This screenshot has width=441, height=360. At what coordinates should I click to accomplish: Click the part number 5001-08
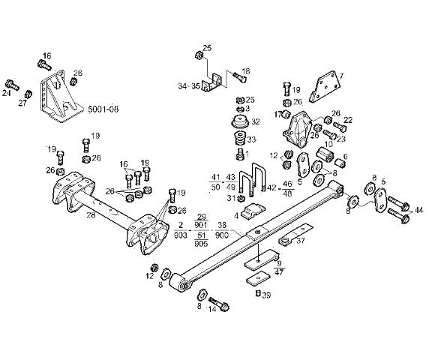103,109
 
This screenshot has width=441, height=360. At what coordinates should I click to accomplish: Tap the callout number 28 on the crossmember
91,214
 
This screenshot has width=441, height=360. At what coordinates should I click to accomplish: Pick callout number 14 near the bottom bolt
212,307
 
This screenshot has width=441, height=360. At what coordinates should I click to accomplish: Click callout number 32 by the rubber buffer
255,121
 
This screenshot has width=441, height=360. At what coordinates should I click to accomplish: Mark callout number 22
347,120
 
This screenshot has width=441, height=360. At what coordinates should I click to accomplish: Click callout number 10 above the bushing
328,144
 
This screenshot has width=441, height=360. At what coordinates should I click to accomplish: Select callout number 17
277,115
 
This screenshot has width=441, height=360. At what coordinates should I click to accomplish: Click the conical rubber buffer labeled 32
238,122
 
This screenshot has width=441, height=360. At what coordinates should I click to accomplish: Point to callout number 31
231,197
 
